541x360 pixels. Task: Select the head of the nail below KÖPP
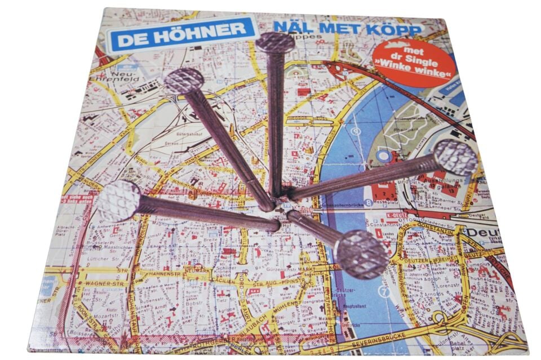click(275, 42)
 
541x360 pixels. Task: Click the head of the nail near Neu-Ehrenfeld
click(184, 81)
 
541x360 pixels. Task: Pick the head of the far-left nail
click(119, 201)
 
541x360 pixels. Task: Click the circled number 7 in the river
click(384, 291)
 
